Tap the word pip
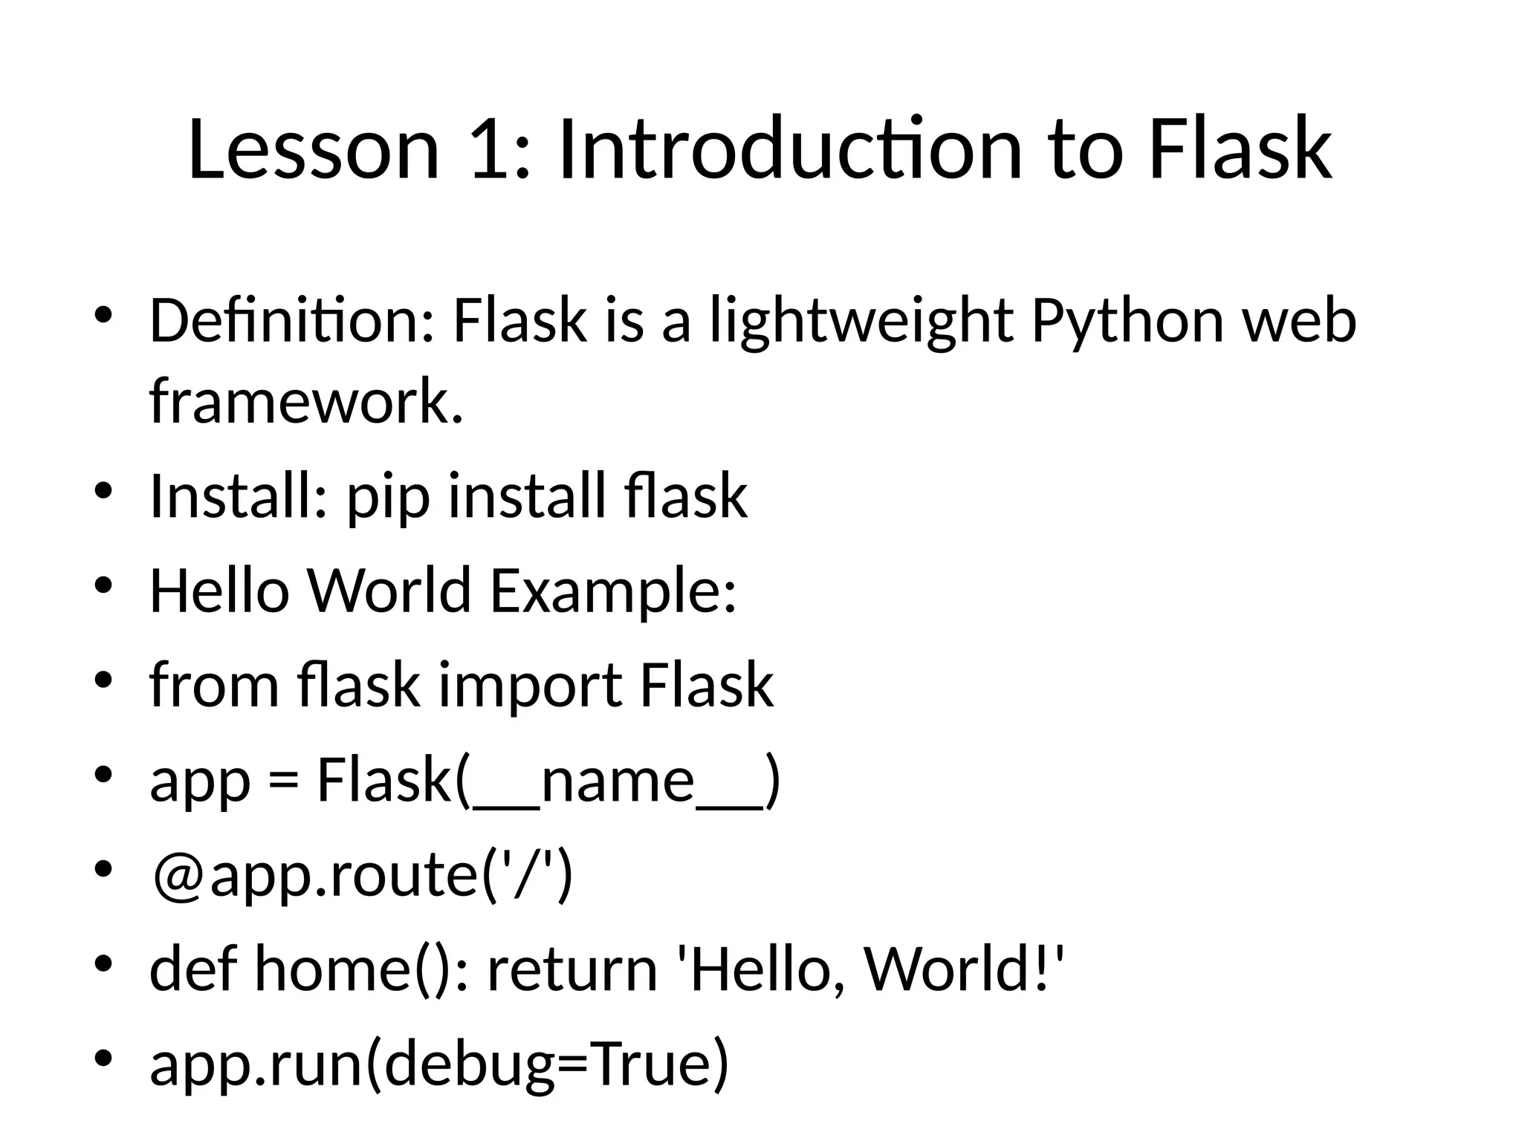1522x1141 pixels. point(388,498)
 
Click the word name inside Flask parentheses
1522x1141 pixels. point(618,781)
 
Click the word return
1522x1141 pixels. point(572,970)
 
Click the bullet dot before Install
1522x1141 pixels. point(103,491)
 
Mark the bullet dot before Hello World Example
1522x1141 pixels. point(103,585)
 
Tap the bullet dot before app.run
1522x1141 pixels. point(103,1057)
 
